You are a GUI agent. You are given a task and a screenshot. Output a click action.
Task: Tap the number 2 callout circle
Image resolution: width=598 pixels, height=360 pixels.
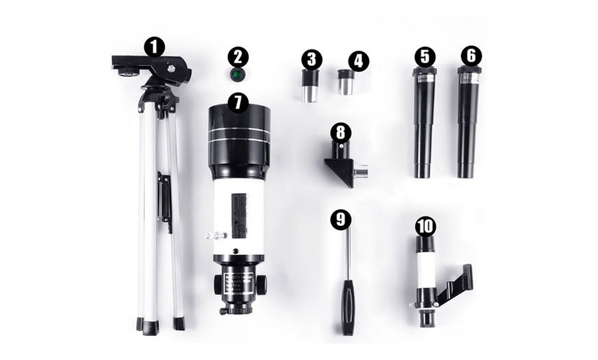point(237,56)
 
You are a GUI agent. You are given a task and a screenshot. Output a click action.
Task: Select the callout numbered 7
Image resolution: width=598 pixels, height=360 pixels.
point(238,102)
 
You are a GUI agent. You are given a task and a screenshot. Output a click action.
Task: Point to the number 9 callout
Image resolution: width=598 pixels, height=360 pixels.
point(340,220)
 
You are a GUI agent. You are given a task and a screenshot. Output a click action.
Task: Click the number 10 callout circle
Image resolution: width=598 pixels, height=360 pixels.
point(425,226)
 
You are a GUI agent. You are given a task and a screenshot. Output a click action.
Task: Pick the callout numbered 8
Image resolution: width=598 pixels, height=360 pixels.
point(340,131)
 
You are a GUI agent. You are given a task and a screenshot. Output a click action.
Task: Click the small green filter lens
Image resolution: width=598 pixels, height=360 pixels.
point(237,74)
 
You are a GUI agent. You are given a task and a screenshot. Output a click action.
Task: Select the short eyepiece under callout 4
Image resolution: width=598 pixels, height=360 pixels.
point(344,84)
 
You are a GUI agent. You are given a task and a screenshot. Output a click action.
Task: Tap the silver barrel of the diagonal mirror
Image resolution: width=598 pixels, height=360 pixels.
point(361,170)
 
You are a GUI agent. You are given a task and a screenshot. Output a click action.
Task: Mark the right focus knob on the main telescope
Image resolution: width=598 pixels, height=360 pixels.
point(262,282)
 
